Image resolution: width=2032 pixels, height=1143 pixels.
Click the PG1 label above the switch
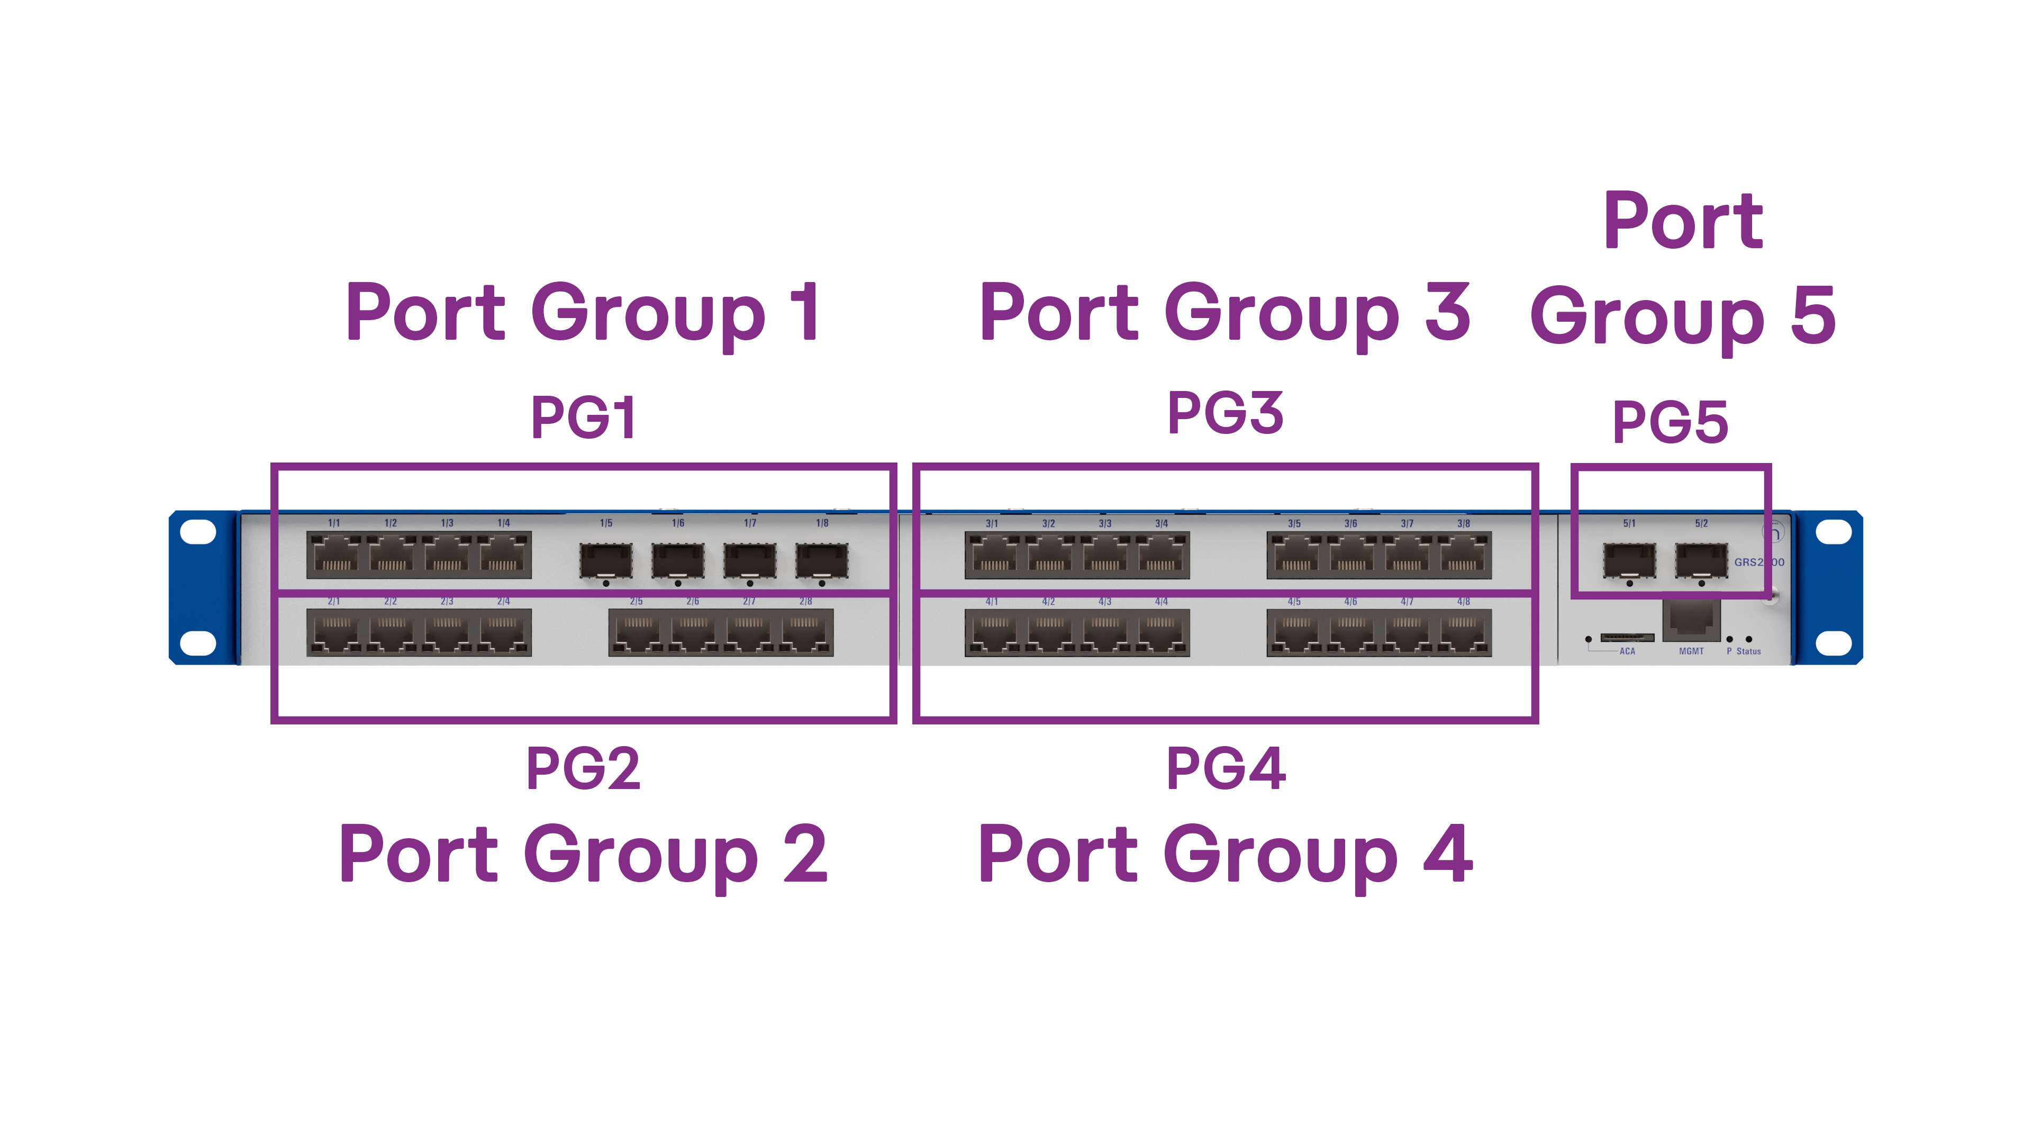pos(583,418)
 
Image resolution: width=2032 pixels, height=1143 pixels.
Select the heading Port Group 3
pos(1224,313)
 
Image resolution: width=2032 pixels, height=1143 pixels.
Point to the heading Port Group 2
pos(583,855)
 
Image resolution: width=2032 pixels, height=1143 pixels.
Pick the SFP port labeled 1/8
pos(821,559)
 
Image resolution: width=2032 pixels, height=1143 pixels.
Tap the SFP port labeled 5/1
pos(1629,559)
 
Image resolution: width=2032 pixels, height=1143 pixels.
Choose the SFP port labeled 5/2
pos(1701,559)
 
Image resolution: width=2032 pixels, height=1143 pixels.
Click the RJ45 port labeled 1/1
pos(336,555)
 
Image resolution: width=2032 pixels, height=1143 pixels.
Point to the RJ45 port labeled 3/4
pos(1160,555)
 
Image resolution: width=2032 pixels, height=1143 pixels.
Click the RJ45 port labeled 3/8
pos(1463,555)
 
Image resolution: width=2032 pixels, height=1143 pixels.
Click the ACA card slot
pos(1627,637)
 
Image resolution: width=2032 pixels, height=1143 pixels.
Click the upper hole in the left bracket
pos(197,532)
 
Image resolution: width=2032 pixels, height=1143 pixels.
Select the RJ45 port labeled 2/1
pos(336,633)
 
